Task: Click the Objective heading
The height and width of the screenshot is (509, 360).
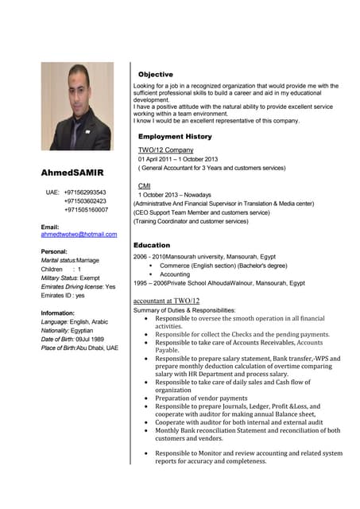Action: [155, 74]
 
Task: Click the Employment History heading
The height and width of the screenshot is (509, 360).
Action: [175, 137]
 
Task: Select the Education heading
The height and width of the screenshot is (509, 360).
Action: [152, 245]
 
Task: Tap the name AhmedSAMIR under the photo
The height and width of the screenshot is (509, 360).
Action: [73, 173]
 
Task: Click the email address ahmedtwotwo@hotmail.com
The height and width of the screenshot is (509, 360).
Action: [79, 235]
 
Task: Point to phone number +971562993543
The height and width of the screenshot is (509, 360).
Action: [85, 192]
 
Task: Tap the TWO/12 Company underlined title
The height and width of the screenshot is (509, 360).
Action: [165, 150]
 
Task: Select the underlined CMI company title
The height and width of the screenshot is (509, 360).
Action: [145, 185]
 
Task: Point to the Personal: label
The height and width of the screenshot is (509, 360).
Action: [53, 251]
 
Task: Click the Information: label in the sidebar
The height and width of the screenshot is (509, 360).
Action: [57, 313]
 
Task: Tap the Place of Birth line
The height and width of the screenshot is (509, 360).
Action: [79, 348]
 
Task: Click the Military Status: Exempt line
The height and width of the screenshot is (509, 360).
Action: [70, 278]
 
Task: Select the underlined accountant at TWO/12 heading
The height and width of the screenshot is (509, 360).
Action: [166, 301]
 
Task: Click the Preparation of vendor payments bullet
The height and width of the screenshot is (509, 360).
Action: [201, 398]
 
